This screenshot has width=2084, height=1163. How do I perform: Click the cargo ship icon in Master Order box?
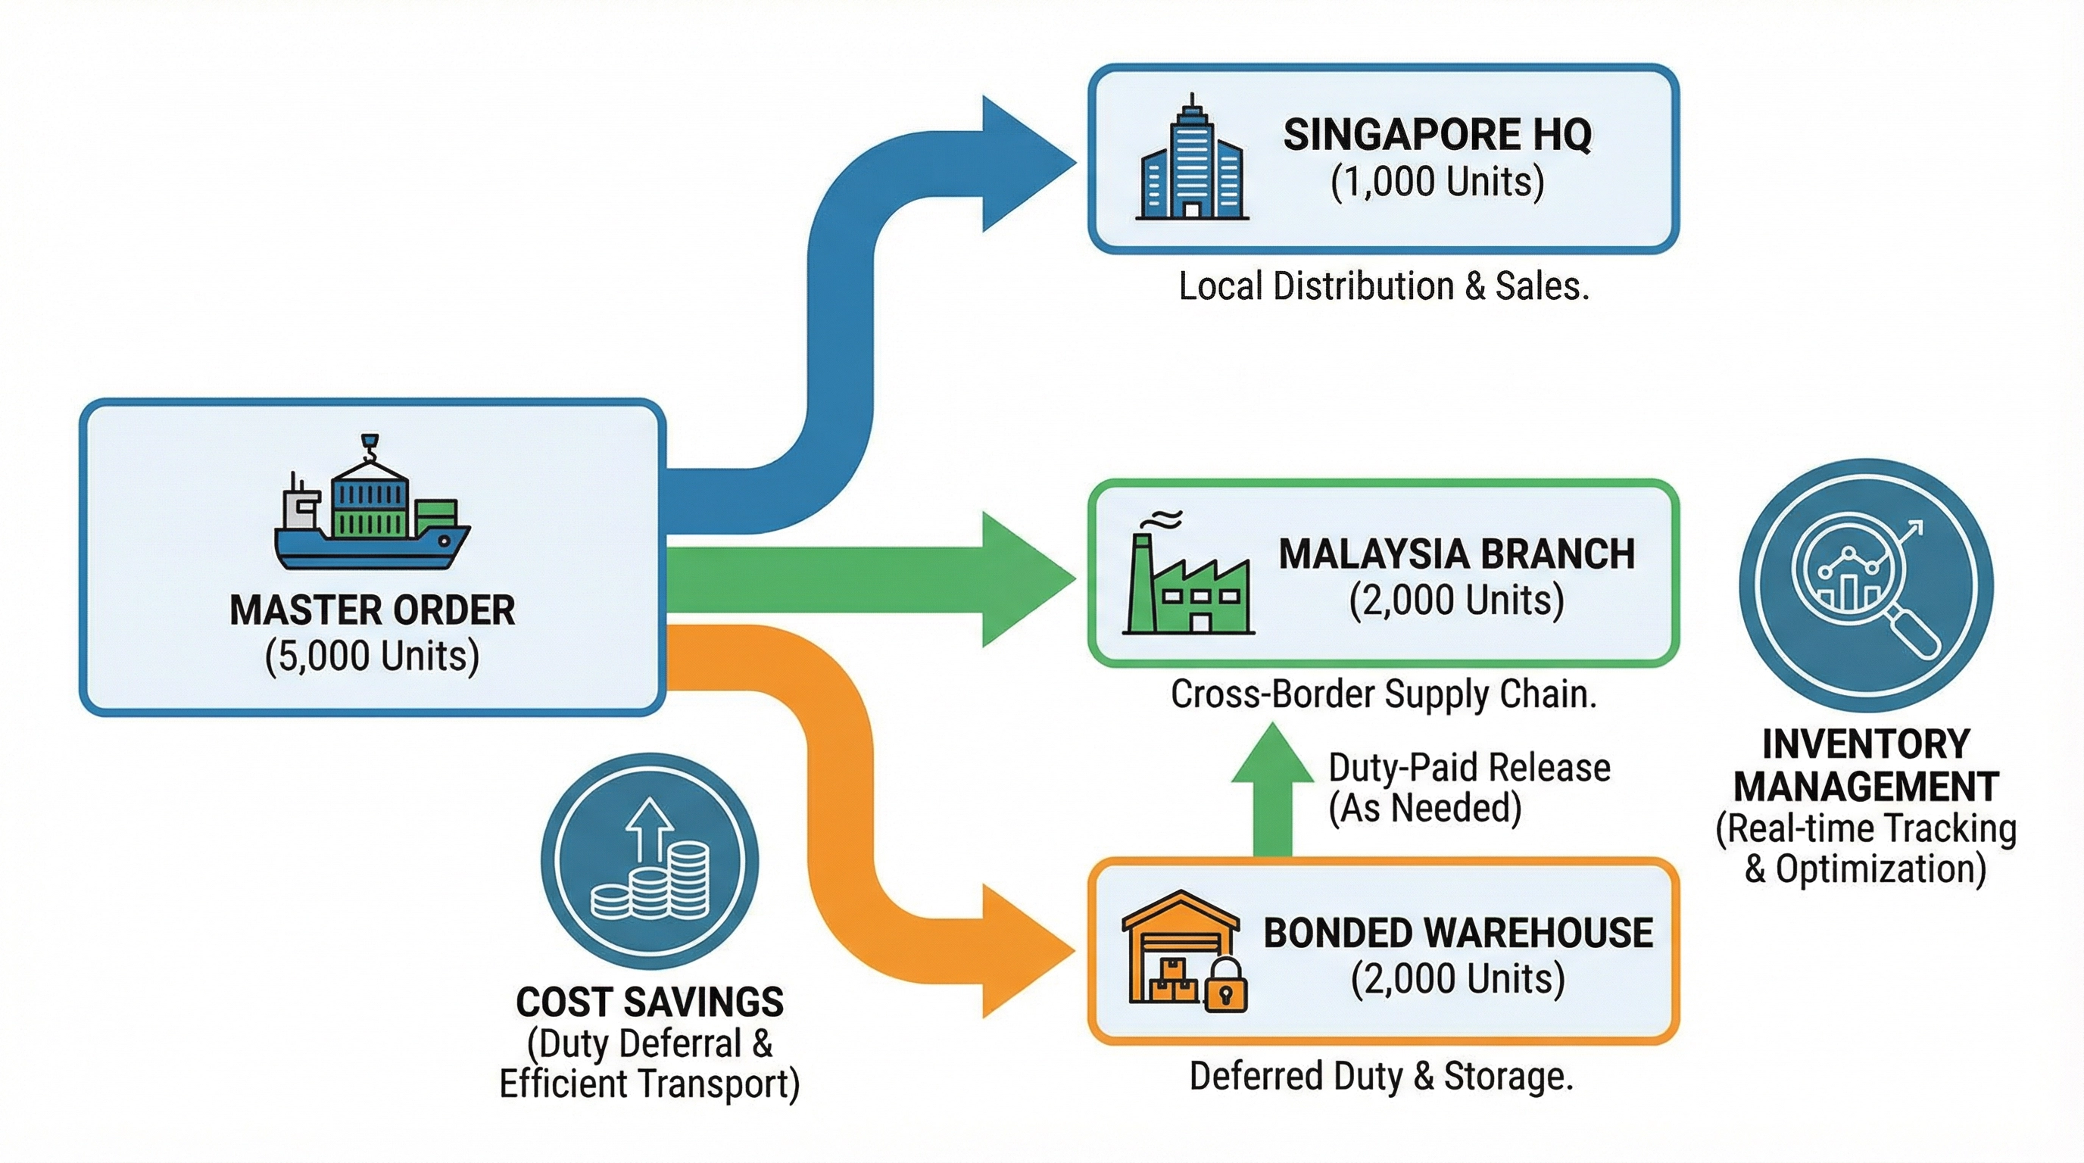click(x=372, y=506)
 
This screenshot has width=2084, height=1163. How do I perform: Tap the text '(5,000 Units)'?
click(x=372, y=656)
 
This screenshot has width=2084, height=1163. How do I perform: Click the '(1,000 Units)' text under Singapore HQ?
click(x=1437, y=182)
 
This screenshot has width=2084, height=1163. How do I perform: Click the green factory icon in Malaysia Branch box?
click(x=1187, y=578)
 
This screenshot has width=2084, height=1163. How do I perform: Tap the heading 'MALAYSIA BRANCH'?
click(x=1456, y=555)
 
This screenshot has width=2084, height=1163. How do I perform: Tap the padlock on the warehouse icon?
click(x=1227, y=986)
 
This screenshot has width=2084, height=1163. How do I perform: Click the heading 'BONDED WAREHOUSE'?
click(x=1458, y=934)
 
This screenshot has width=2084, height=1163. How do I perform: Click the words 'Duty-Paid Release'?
click(x=1469, y=769)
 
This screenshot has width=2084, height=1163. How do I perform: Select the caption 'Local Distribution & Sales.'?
click(x=1384, y=287)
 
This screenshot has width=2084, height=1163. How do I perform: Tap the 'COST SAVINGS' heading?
click(x=650, y=1003)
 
